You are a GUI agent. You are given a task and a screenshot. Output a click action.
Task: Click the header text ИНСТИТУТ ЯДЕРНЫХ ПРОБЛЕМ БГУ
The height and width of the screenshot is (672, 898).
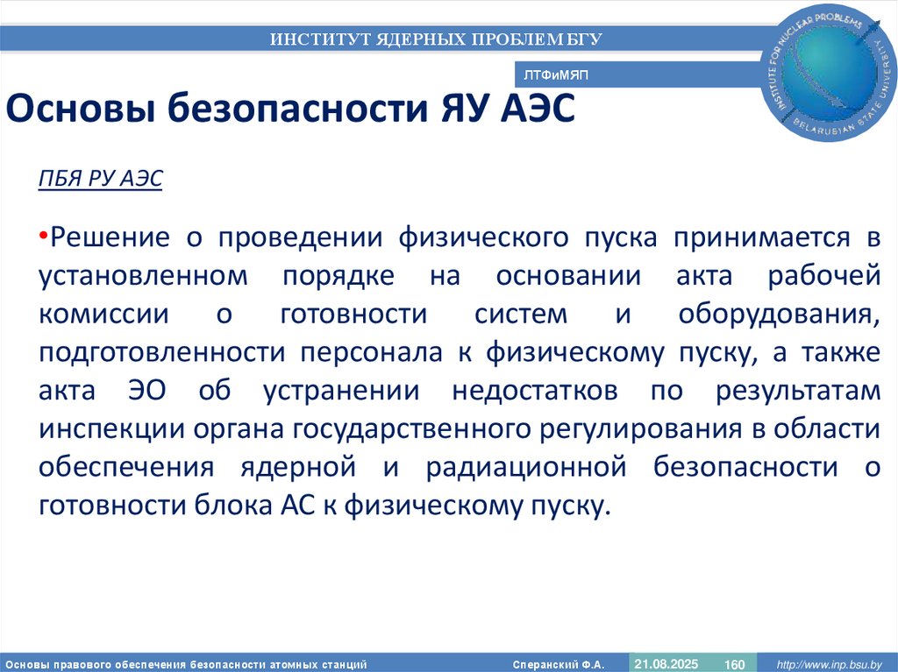coord(436,39)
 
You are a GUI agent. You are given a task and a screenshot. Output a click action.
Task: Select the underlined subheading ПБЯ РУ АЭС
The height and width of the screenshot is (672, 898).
coord(101,179)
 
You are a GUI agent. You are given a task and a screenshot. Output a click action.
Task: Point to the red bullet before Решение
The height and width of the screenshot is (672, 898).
coord(42,235)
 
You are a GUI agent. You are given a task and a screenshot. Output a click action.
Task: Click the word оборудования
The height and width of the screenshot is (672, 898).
coord(778,314)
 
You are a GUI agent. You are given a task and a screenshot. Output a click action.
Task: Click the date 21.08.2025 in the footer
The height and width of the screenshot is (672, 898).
coord(666,662)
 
